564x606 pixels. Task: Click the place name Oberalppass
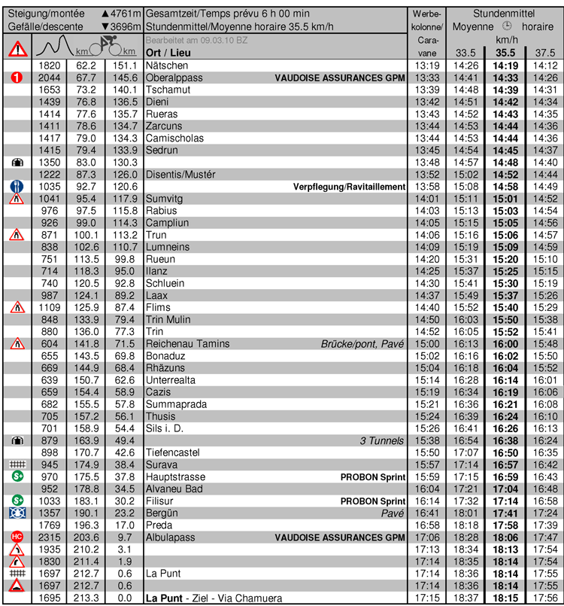173,78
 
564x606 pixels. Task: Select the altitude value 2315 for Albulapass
50,537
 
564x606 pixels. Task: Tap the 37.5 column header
544,53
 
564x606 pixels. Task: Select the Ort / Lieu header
168,53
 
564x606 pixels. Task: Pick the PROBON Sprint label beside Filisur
373,501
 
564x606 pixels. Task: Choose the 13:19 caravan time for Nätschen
426,65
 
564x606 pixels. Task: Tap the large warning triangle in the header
17,49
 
